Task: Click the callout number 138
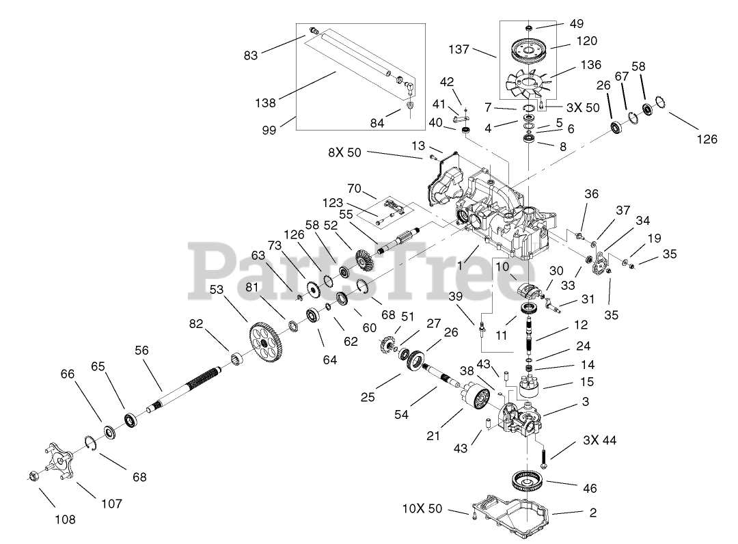(x=266, y=103)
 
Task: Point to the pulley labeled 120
(x=529, y=51)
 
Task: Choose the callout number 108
(x=65, y=519)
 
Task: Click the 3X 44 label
(x=600, y=441)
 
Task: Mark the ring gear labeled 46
(x=529, y=481)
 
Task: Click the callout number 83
(x=251, y=55)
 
